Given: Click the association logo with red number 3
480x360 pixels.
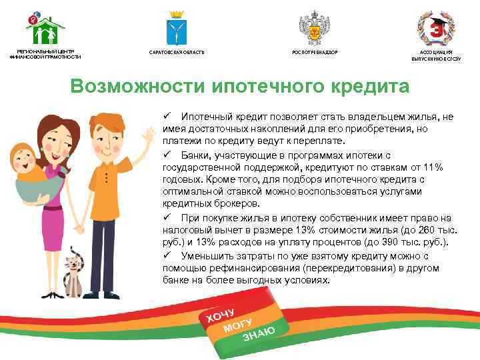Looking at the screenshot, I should [436, 27].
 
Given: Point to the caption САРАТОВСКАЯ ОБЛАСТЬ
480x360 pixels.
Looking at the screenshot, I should [177, 51].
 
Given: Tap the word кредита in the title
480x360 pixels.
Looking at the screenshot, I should [370, 87].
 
